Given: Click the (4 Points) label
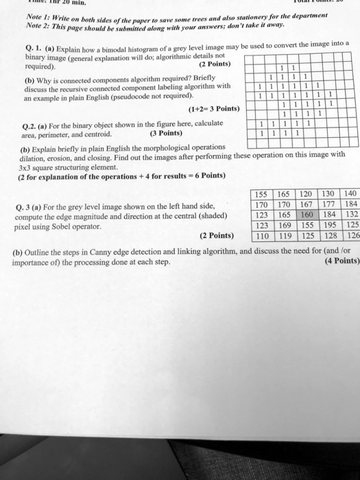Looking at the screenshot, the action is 339,261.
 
